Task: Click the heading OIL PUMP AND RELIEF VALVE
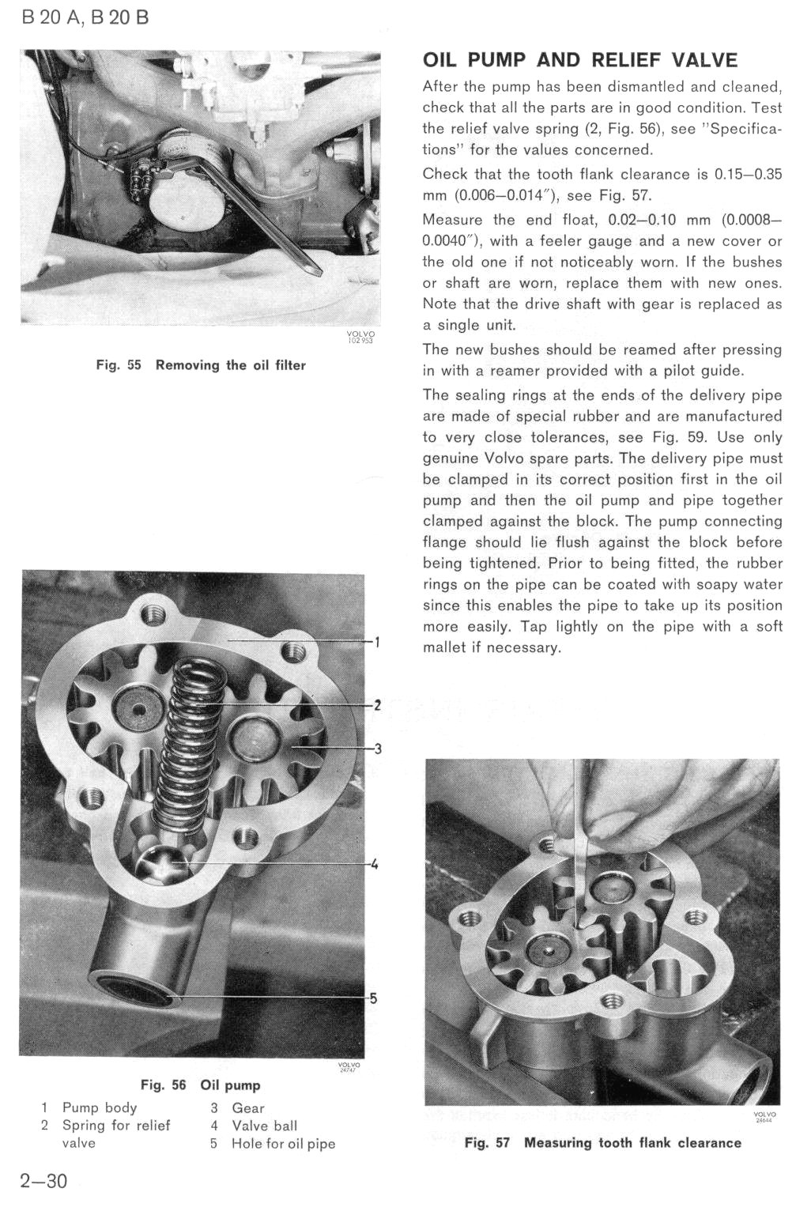(x=579, y=60)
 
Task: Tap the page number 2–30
(x=43, y=1181)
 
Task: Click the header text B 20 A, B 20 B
(x=85, y=17)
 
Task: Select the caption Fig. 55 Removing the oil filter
(x=201, y=365)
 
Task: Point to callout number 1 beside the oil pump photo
(x=378, y=642)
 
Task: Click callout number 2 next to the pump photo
(x=378, y=705)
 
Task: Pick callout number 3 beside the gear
(x=378, y=748)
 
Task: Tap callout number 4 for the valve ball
(x=375, y=864)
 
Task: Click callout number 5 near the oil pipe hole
(x=374, y=998)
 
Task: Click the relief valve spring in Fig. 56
(x=187, y=743)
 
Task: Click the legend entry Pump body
(x=100, y=1107)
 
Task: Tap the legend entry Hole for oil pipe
(x=283, y=1144)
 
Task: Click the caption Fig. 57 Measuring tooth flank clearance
(x=602, y=1142)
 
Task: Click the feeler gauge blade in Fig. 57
(x=580, y=838)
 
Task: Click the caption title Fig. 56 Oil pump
(x=200, y=1085)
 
